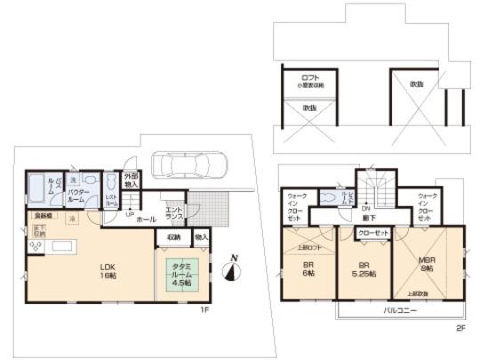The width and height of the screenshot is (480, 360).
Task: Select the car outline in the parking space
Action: pos(188,165)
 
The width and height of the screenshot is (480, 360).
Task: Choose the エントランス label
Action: pos(173,212)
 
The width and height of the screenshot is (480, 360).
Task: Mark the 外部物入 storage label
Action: pos(131,180)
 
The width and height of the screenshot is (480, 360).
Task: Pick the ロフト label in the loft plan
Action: pos(308,78)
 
